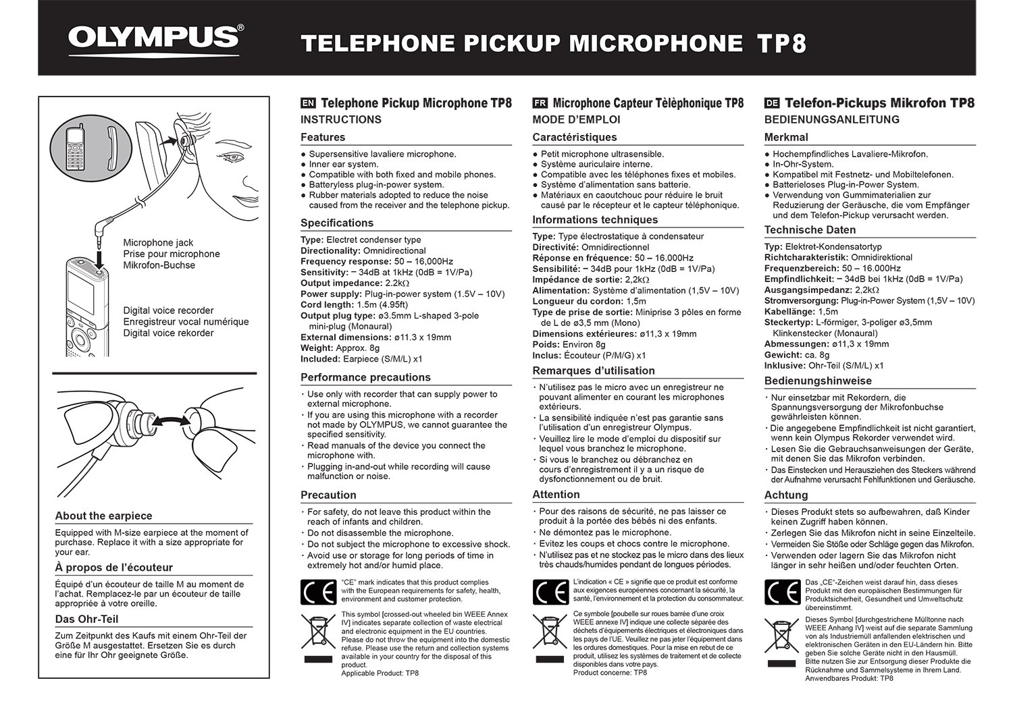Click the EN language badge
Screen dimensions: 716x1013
308,103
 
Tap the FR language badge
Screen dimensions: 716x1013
540,103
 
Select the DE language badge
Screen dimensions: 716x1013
772,103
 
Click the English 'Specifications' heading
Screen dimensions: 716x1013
336,223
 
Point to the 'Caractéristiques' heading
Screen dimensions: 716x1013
574,137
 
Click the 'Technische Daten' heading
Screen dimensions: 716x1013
810,229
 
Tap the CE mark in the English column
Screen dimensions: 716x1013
318,592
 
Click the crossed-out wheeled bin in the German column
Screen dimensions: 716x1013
781,638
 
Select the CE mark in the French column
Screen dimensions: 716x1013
550,592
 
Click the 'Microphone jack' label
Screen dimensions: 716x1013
158,242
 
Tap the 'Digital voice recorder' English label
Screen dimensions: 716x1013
168,310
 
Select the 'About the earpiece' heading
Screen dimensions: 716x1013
103,516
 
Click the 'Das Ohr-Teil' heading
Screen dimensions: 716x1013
86,619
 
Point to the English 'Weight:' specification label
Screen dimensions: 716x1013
317,348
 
